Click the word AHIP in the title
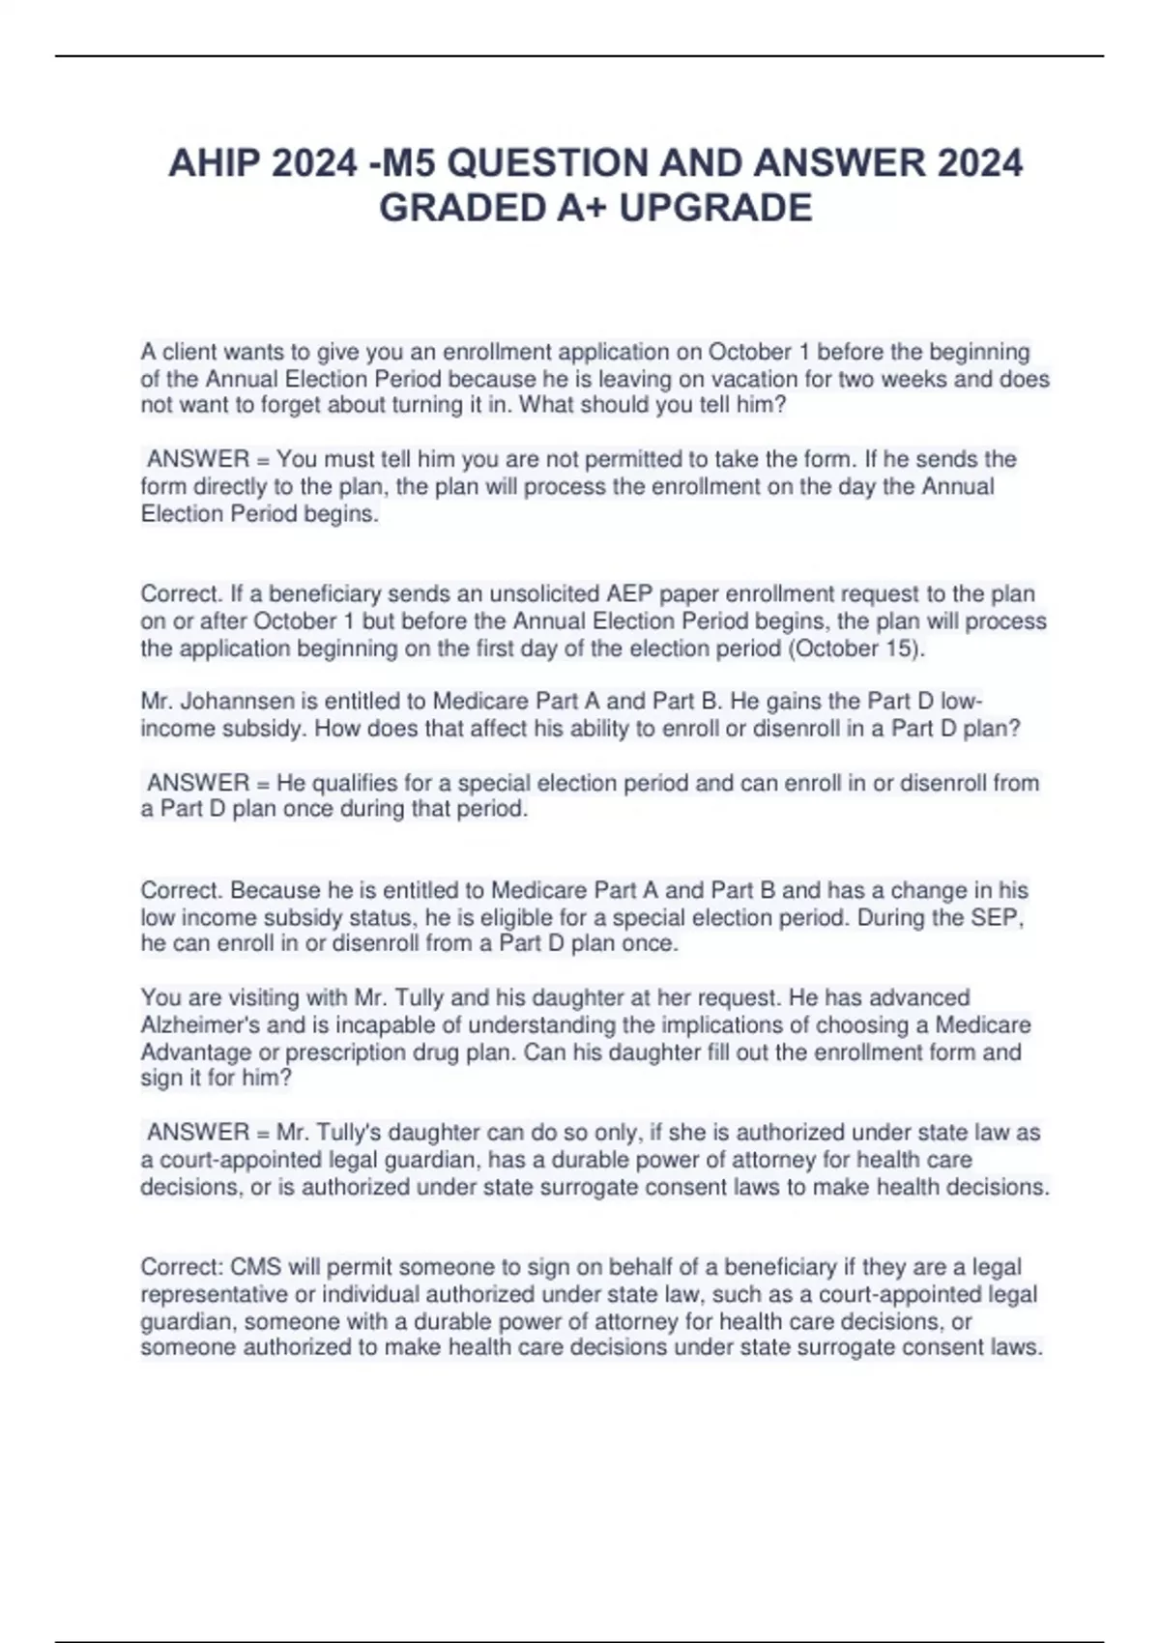(214, 163)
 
